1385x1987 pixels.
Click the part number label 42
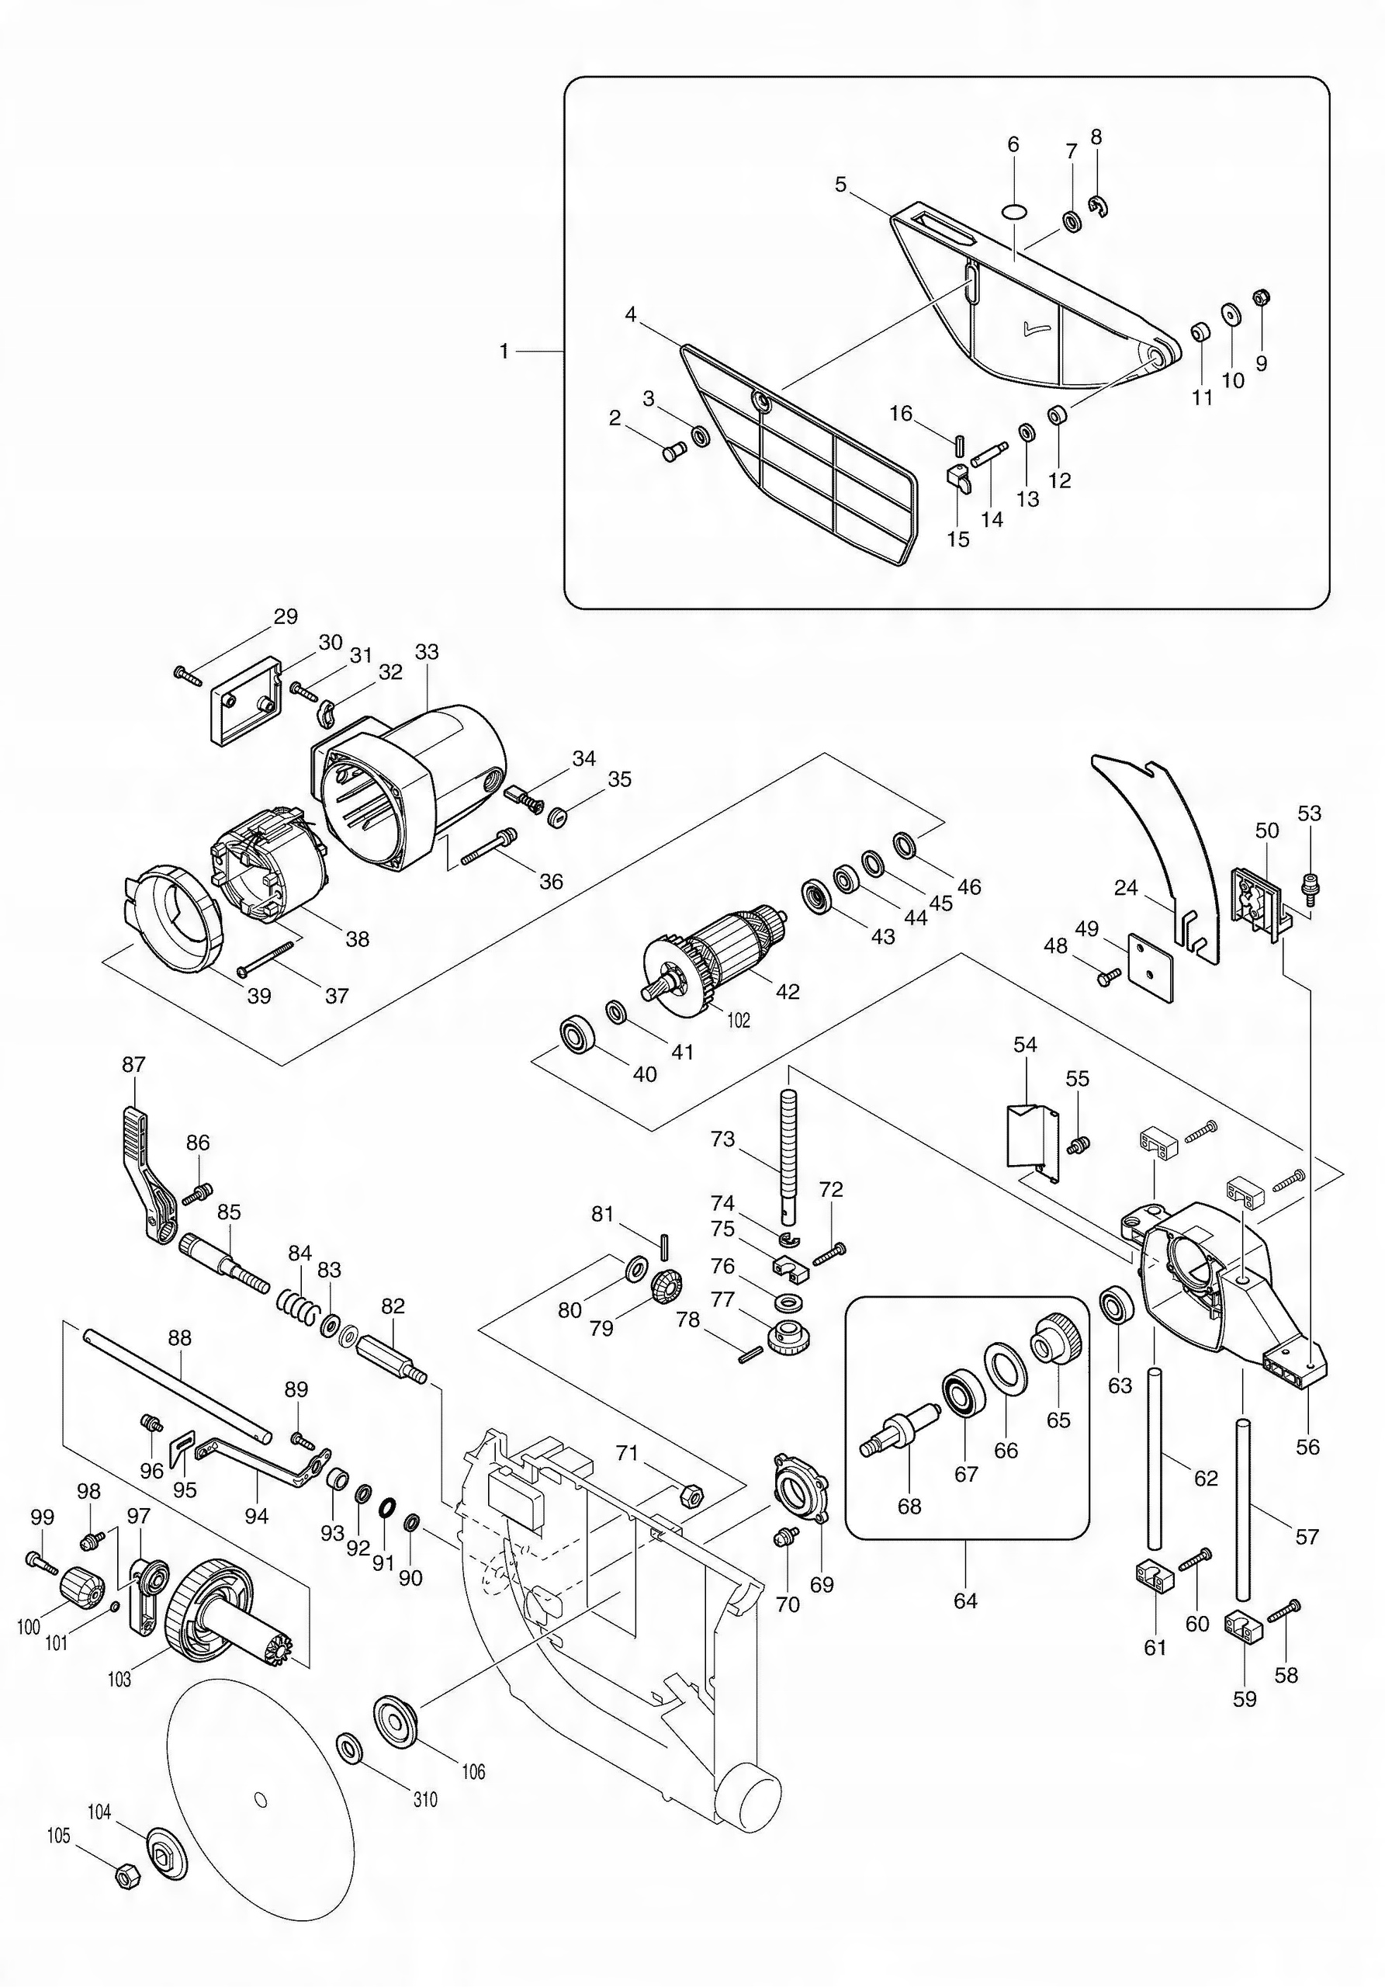[788, 993]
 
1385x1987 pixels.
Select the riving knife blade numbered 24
[1159, 857]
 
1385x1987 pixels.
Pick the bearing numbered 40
[575, 1036]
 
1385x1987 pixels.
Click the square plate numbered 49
[1150, 969]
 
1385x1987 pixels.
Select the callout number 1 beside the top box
[504, 352]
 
